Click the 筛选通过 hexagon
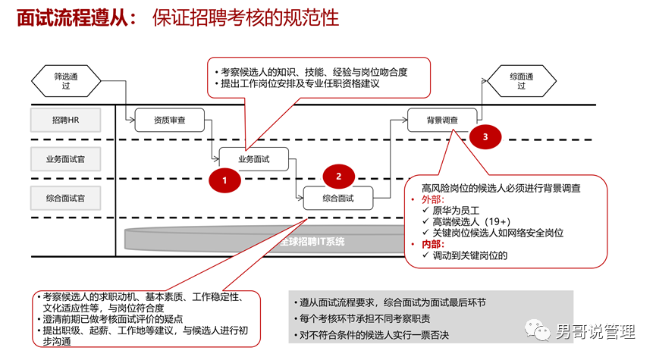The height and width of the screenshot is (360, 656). (x=66, y=81)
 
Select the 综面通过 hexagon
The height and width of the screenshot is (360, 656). (x=521, y=81)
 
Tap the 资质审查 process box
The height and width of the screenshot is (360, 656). (x=169, y=120)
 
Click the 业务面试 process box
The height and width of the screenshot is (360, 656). (x=254, y=159)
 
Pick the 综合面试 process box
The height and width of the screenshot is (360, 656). (x=338, y=198)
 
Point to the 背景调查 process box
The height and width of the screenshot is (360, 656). (x=442, y=120)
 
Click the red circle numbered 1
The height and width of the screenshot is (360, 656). (x=224, y=180)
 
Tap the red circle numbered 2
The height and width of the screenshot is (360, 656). (x=338, y=177)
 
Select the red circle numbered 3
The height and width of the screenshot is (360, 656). (x=485, y=136)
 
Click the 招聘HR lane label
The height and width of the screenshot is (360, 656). (x=66, y=120)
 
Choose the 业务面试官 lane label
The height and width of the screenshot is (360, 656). (x=66, y=159)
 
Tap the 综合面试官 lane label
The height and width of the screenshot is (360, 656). (x=66, y=198)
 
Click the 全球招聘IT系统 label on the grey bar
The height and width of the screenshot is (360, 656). (x=312, y=242)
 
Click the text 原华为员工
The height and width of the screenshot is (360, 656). (x=456, y=211)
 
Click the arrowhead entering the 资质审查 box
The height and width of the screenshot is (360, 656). (x=132, y=120)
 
